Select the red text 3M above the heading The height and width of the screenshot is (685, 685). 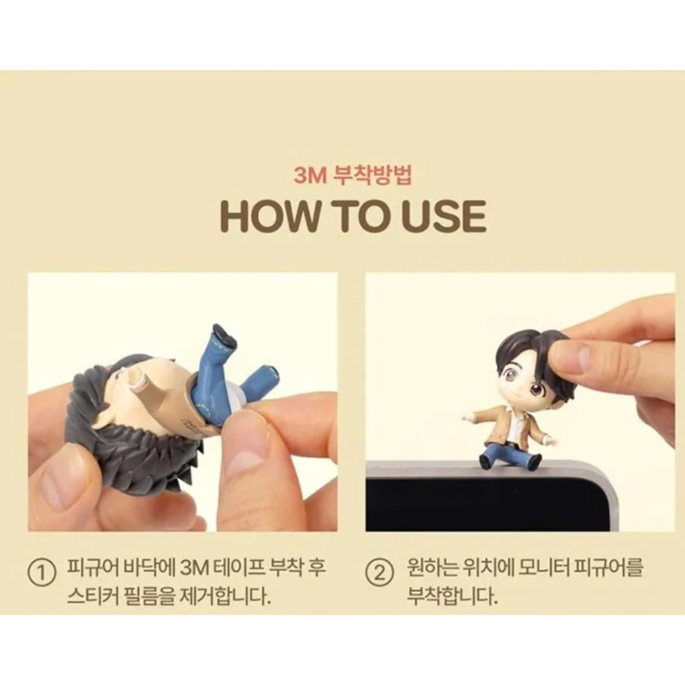(310, 175)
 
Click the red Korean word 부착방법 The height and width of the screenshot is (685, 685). (373, 175)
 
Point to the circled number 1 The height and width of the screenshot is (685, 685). (42, 572)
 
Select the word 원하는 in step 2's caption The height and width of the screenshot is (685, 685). (432, 567)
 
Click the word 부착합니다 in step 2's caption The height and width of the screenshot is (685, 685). (452, 595)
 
